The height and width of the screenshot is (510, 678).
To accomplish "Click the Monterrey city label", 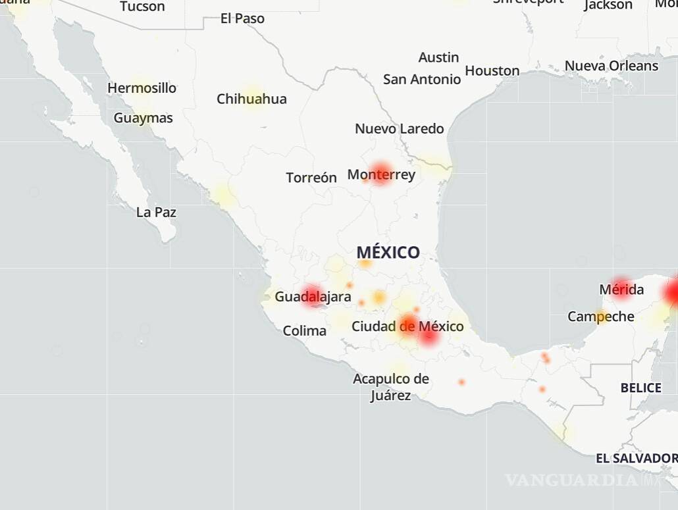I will point(381,174).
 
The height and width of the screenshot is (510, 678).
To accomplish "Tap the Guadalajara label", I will point(313,297).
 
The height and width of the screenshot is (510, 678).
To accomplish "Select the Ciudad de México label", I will point(407,326).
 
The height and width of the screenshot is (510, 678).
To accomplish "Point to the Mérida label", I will point(621,290).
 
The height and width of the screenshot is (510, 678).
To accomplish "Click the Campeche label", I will point(601,317).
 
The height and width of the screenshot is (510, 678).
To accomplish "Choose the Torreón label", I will point(311,178).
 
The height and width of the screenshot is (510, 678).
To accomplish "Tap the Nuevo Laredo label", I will point(400,129).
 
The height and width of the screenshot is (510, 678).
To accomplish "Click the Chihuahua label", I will point(251,99).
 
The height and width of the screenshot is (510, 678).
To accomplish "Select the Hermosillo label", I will point(142,88).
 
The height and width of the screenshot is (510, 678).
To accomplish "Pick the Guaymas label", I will point(143,118).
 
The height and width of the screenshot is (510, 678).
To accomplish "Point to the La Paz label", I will point(156,213).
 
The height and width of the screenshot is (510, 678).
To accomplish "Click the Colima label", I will point(304,331).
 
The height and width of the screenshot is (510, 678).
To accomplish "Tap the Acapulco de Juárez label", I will point(391,387).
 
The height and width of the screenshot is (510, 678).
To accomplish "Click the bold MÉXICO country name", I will point(388,252).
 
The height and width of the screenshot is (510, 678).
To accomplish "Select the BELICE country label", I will point(640,388).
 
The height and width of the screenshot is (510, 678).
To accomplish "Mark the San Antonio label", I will point(422,80).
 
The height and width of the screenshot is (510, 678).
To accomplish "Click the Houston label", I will point(492,71).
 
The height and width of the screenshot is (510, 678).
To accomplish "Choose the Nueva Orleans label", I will point(611,66).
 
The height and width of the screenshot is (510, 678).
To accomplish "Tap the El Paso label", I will point(242,19).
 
